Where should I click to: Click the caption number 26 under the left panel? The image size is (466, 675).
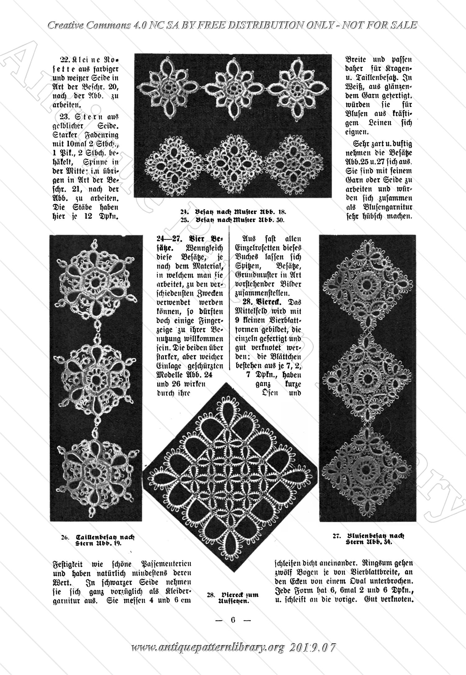[x=65, y=537]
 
